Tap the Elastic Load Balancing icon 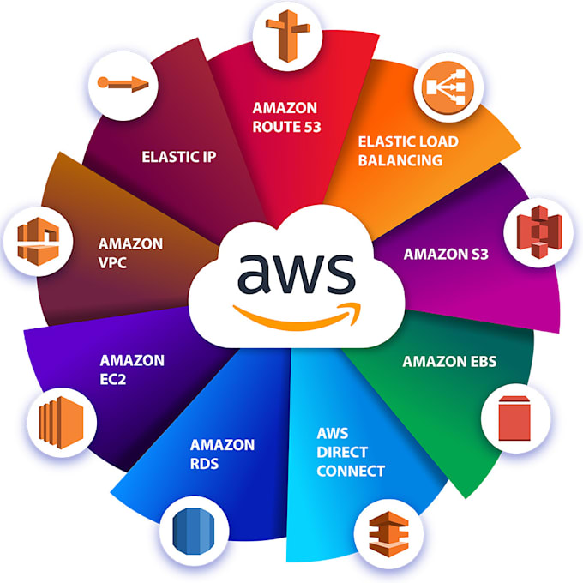(x=445, y=88)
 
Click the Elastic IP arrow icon (x=123, y=83)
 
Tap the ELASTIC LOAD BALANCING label (x=407, y=150)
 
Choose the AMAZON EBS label (x=449, y=361)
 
